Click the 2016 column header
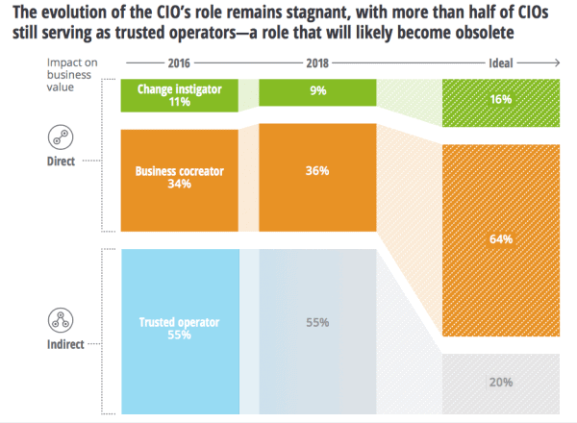[x=180, y=63]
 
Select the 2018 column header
[x=319, y=63]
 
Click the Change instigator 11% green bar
[x=180, y=96]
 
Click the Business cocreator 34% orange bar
[x=180, y=179]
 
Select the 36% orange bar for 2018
[x=318, y=170]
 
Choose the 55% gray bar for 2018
[x=318, y=322]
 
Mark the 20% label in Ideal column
[x=499, y=382]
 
